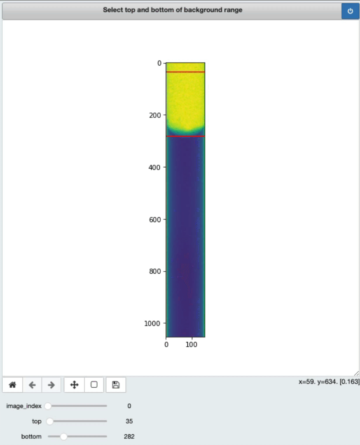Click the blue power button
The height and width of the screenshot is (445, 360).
click(350, 11)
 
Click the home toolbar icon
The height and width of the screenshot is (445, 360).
click(12, 385)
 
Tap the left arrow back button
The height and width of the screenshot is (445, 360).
click(33, 385)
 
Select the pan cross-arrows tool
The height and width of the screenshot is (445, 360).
click(74, 385)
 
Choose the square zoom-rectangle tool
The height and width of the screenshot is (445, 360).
click(94, 384)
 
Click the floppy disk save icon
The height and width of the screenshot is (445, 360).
click(116, 385)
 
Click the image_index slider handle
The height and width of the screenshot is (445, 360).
click(48, 406)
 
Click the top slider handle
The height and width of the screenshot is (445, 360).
click(50, 421)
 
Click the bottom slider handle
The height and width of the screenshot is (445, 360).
click(63, 436)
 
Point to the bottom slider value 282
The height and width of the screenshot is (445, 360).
click(129, 436)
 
